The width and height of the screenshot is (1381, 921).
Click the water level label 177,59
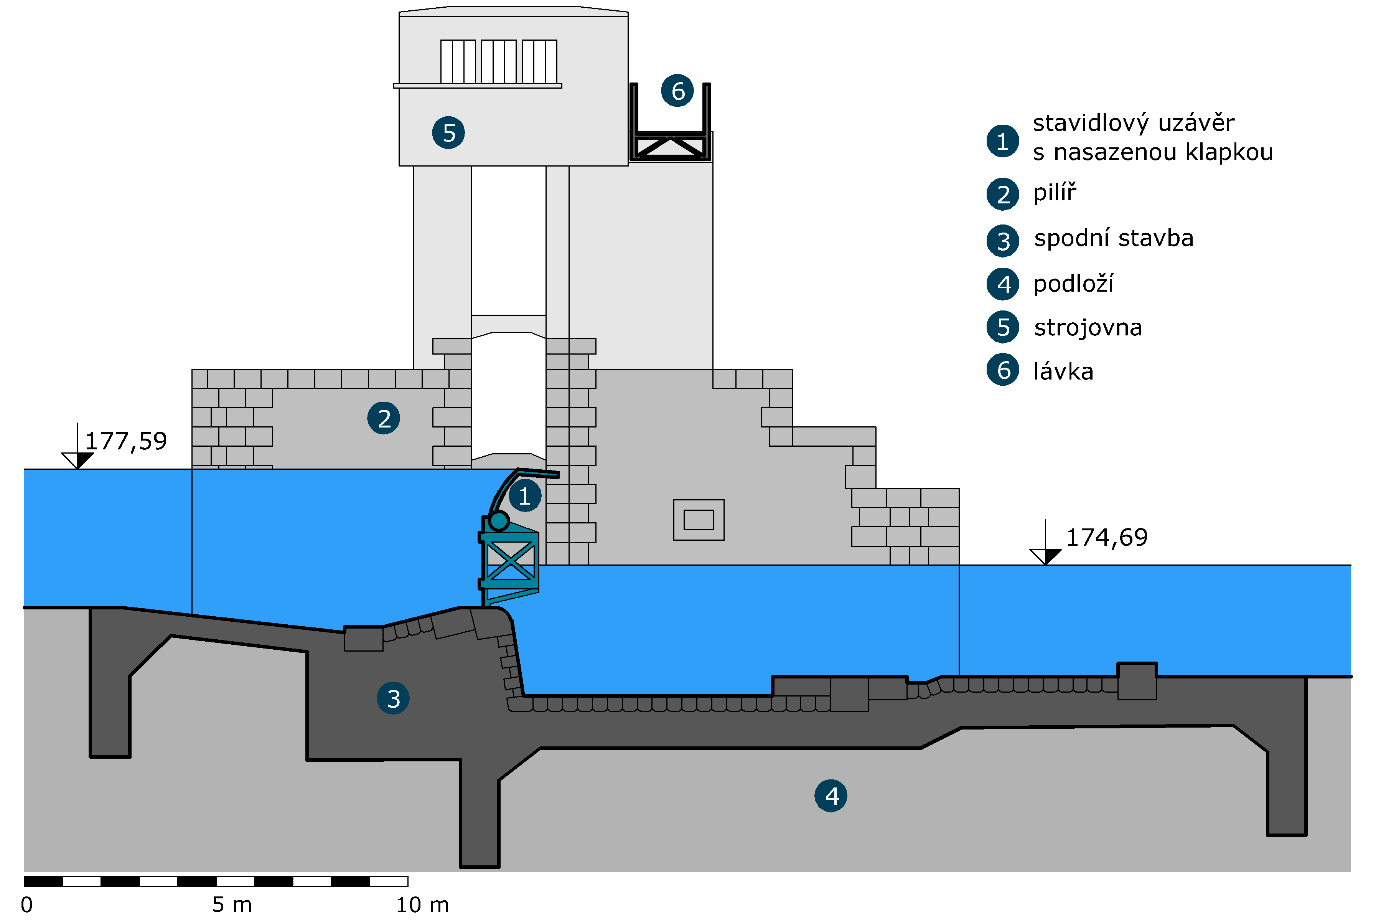(126, 441)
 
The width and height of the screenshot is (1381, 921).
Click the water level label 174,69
(1106, 538)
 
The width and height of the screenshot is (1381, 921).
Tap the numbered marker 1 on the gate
(524, 496)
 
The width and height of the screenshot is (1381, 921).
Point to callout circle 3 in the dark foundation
(393, 698)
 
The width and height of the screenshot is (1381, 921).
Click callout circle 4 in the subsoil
(831, 796)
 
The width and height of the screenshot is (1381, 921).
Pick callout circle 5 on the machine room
(448, 133)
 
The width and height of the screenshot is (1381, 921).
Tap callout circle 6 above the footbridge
(677, 91)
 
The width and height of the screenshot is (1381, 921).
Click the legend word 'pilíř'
(1055, 193)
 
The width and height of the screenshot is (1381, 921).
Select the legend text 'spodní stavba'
(1114, 238)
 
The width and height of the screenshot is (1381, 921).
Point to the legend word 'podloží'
(1073, 284)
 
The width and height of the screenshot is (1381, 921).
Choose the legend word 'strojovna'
(1088, 328)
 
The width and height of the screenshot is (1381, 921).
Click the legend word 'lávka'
(1063, 371)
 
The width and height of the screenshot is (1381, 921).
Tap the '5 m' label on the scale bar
(232, 904)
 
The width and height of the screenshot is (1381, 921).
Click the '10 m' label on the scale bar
(423, 904)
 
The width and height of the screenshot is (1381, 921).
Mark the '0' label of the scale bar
(27, 904)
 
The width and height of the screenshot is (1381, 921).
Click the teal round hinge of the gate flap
(499, 520)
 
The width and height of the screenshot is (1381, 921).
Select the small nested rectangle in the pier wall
(699, 520)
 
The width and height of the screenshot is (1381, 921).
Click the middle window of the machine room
(498, 62)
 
